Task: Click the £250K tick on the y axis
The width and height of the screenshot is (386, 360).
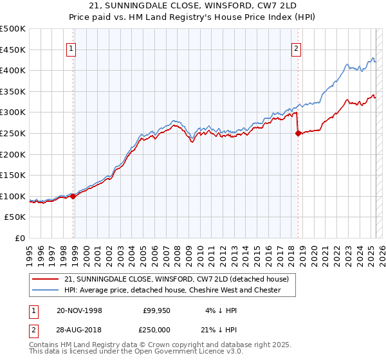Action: pos(13,133)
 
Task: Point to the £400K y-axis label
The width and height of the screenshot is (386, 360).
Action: pos(13,70)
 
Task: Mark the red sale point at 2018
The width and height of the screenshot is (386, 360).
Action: pos(298,134)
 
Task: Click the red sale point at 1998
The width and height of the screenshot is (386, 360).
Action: pos(73,197)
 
